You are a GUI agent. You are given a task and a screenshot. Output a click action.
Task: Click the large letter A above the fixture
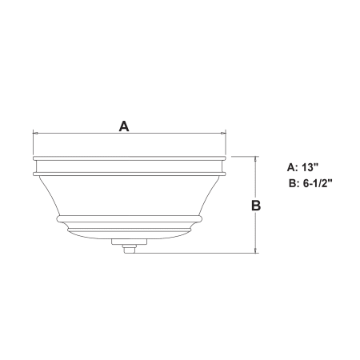124,126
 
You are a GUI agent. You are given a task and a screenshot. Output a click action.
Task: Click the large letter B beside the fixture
256,205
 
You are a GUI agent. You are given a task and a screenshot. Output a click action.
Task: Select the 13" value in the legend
310,168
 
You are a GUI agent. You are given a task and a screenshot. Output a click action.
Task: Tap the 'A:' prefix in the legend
292,168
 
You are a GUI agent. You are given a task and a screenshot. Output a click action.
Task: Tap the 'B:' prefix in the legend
293,183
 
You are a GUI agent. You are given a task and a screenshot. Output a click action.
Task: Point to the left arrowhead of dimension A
34,133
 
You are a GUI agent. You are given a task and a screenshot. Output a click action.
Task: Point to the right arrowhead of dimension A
224,133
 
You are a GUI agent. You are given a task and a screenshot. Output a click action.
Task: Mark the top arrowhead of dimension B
256,158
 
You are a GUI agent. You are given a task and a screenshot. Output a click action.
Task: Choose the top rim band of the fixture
129,162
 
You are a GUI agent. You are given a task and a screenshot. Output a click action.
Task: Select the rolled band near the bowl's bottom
129,217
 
